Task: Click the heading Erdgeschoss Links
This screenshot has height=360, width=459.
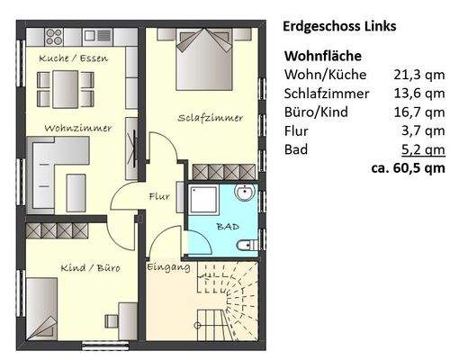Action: tap(339, 26)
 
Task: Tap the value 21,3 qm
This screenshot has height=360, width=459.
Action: tap(418, 74)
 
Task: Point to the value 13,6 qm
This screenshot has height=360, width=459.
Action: tap(418, 93)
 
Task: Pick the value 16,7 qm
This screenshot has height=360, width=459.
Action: tap(418, 112)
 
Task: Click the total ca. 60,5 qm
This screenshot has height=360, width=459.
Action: tap(407, 167)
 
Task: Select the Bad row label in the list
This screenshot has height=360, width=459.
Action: tap(296, 149)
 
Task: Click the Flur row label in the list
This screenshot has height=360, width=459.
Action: tap(297, 130)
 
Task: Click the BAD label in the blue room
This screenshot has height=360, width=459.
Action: tap(228, 227)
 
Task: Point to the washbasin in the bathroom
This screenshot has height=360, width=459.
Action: tap(245, 194)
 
